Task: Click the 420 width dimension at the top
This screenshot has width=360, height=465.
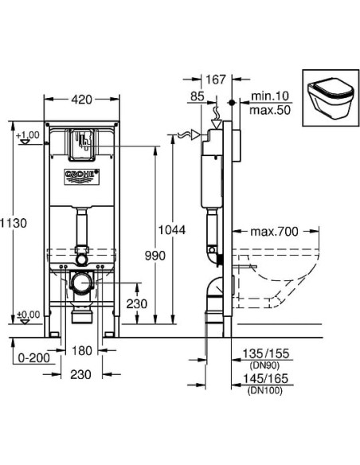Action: click(x=81, y=101)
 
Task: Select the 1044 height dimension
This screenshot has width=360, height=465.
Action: click(x=171, y=230)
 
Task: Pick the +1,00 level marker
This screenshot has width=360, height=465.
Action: click(x=26, y=135)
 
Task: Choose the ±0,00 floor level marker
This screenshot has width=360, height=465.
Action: click(x=26, y=315)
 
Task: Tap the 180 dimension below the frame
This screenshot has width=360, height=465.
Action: click(x=82, y=351)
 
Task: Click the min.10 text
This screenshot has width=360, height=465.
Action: click(x=268, y=95)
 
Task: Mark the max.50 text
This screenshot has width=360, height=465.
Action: click(x=268, y=107)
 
